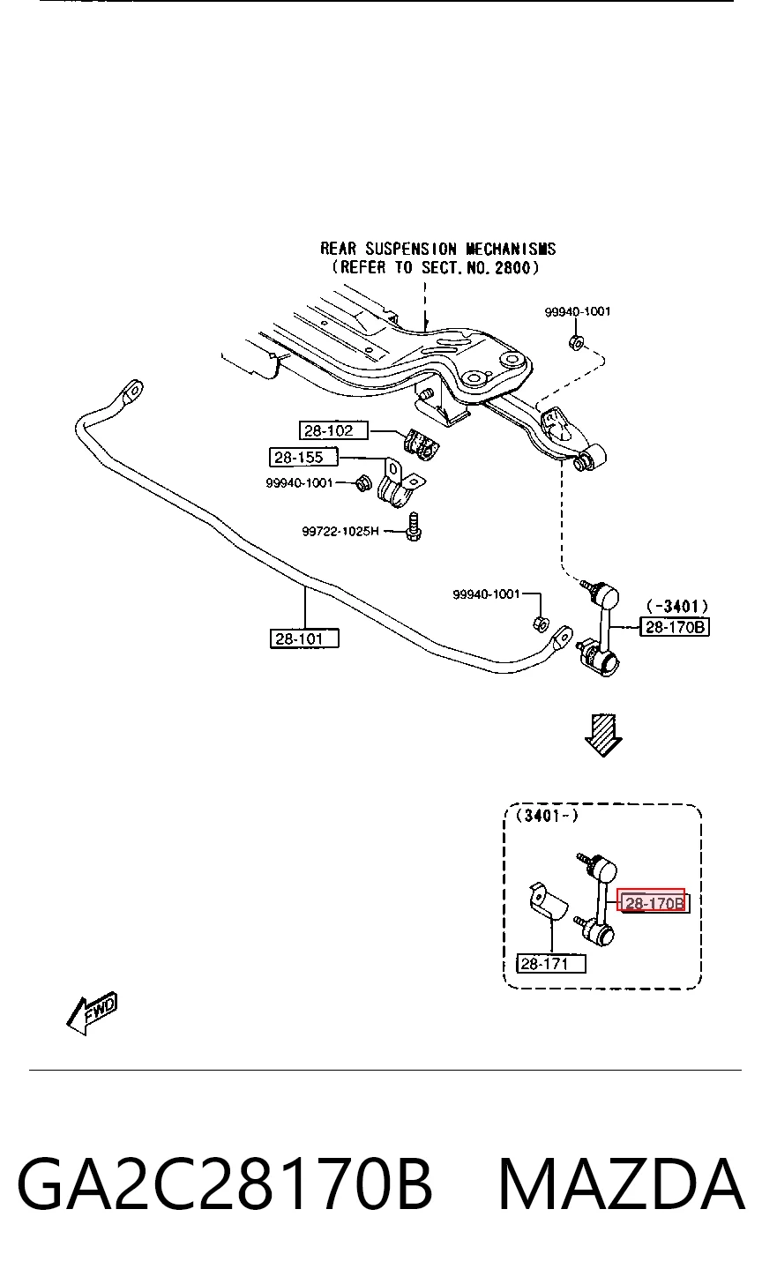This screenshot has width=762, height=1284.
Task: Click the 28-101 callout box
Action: point(304,638)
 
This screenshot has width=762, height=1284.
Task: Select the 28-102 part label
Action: point(333,430)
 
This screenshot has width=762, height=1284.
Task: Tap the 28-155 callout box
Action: point(303,458)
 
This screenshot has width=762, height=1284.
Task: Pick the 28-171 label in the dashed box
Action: point(551,964)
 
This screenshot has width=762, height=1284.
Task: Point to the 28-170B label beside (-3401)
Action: point(675,627)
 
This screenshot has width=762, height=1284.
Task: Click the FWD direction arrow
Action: point(93,1014)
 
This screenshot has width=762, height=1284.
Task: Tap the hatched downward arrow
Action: point(603,735)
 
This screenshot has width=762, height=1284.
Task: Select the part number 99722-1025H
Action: point(340,532)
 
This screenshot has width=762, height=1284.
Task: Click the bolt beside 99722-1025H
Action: point(414,527)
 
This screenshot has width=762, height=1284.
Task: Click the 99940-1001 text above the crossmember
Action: point(578,311)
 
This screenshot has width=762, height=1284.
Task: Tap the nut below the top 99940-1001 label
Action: point(576,342)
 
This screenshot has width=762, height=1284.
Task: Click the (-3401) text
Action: point(677,606)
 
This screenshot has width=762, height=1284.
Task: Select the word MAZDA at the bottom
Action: point(622,1184)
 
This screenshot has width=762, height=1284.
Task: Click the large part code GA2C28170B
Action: point(224,1184)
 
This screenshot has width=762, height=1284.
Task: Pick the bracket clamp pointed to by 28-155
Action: point(399,487)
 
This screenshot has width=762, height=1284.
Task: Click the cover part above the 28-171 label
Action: point(547,901)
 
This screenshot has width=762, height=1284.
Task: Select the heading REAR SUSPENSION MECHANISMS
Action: point(438,249)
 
